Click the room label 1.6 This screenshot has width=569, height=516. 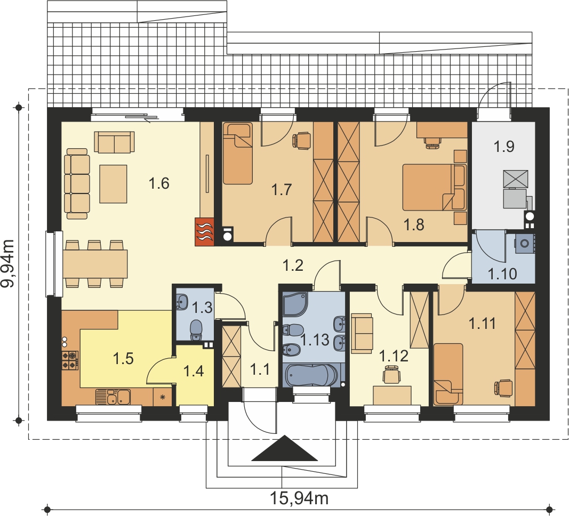159,183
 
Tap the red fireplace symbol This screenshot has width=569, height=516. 205,232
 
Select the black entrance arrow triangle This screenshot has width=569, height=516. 285,448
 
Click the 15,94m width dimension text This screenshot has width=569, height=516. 299,498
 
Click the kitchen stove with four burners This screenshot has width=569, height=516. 70,360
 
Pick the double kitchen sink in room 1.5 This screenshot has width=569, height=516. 113,397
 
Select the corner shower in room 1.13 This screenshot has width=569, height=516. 295,304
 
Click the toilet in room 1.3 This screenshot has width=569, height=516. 196,329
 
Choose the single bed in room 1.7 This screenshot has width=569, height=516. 237,153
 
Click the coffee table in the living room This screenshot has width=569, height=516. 113,184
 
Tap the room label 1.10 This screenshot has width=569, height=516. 502,274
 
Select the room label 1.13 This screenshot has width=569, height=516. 315,340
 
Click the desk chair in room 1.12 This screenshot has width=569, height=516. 391,375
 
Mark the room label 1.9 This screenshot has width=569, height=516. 504,147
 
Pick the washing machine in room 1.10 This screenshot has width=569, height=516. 524,243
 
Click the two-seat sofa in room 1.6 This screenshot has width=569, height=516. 114,141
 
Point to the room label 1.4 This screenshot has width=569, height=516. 194,371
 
